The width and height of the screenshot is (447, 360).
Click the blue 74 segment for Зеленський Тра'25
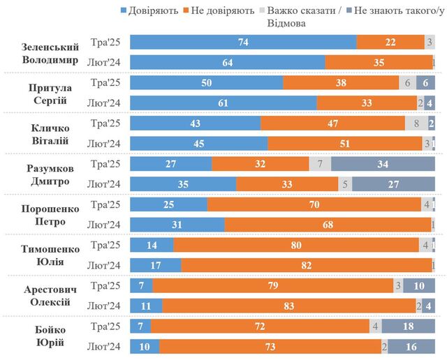243,42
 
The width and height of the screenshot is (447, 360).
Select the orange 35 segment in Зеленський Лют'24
379,63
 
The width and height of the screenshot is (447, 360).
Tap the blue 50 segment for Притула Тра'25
207,82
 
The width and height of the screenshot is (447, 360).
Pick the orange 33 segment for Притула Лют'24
367,103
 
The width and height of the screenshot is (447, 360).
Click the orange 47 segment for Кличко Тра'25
332,123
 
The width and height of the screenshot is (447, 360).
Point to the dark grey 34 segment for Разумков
383,164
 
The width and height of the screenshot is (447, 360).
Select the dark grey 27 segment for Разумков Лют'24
394,184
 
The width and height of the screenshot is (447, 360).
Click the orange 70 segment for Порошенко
314,204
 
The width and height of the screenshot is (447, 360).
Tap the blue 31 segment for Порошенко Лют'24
178,225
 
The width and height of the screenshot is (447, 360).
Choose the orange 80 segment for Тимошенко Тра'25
296,245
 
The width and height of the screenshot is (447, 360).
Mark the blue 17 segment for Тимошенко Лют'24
156,265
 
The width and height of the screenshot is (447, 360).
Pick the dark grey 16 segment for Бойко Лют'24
411,346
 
